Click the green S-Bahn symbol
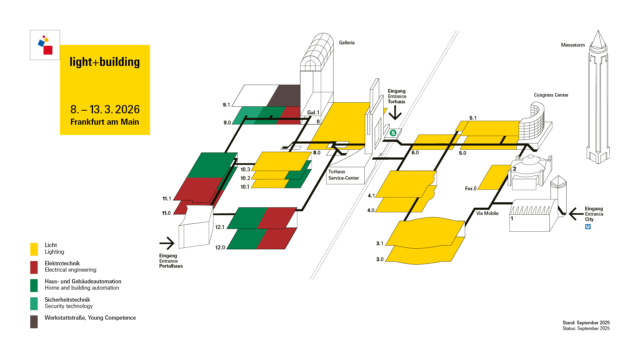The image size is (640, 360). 393,133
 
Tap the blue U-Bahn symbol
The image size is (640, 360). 588,227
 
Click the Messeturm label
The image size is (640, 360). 573,45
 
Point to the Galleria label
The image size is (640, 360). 347,43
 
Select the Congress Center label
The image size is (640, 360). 551,95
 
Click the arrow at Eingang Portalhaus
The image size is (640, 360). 167,243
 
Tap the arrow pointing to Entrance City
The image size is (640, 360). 576,214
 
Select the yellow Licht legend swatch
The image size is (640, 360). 34,249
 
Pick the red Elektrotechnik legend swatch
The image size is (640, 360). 34,267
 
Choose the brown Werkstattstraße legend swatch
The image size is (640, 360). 34,322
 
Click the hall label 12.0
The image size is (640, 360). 220,247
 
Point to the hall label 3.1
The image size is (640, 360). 380,243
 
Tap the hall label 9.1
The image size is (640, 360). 226,105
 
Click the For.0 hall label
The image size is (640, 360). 471,189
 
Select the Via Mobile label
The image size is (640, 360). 487,213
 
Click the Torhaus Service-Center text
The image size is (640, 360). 343,175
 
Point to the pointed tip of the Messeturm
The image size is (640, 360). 598,31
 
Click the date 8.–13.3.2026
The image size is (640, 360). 105,109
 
